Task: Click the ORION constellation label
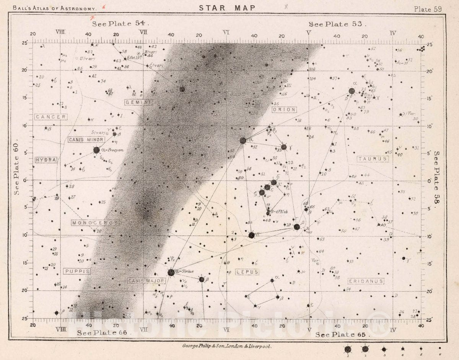pos(284,110)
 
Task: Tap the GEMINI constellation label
pos(138,102)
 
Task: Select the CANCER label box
pos(51,117)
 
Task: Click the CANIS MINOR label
pos(86,140)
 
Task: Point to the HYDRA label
pos(46,160)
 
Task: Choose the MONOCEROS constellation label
pos(95,223)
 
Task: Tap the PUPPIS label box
pos(77,271)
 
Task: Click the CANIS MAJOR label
pos(146,281)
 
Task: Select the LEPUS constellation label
pos(247,272)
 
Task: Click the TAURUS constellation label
pos(373,159)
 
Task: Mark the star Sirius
pos(171,272)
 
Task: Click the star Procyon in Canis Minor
pos(96,150)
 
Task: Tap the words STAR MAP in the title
pos(227,8)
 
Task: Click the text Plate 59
pos(428,9)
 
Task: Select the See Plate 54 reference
pos(120,24)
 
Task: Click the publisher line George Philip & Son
pos(227,346)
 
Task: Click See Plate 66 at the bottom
pos(102,333)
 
